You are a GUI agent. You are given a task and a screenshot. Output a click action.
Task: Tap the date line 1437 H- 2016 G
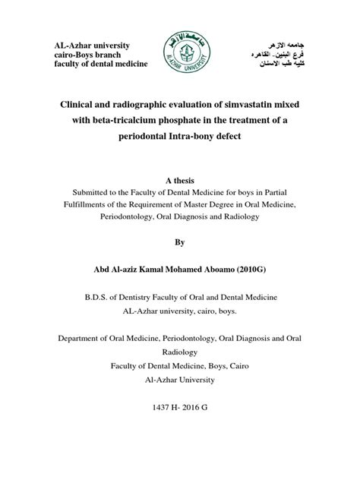180,408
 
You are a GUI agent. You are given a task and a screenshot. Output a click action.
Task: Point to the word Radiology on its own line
180,352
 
